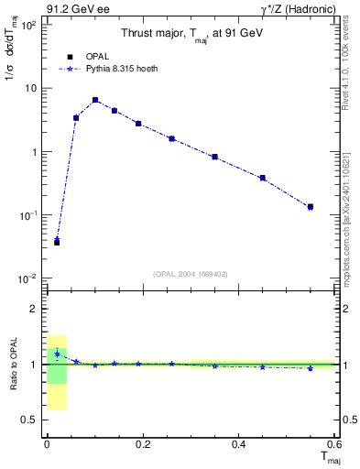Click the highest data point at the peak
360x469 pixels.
coord(95,100)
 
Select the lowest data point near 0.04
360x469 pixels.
coord(57,242)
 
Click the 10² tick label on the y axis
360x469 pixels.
coord(27,25)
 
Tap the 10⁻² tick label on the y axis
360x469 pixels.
coord(27,278)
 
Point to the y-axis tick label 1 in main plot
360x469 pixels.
coord(33,152)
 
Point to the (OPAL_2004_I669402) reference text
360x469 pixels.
coord(191,273)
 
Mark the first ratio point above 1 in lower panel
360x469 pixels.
coord(57,353)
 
